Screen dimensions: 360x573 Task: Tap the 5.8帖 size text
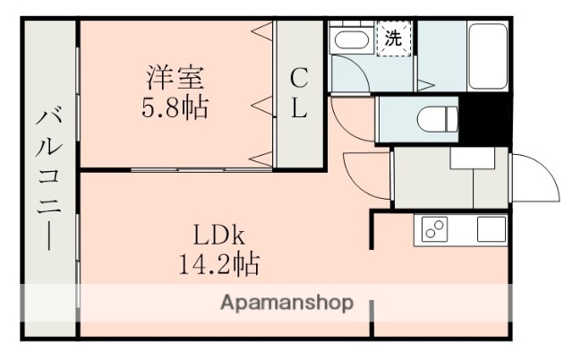(176, 108)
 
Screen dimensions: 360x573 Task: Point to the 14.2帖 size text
(218, 264)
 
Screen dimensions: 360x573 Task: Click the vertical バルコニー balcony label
(47, 179)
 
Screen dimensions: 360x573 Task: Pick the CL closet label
(298, 94)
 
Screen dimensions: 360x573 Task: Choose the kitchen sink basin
(491, 229)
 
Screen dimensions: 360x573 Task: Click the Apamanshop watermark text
(286, 302)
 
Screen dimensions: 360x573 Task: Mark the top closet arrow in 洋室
(261, 34)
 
